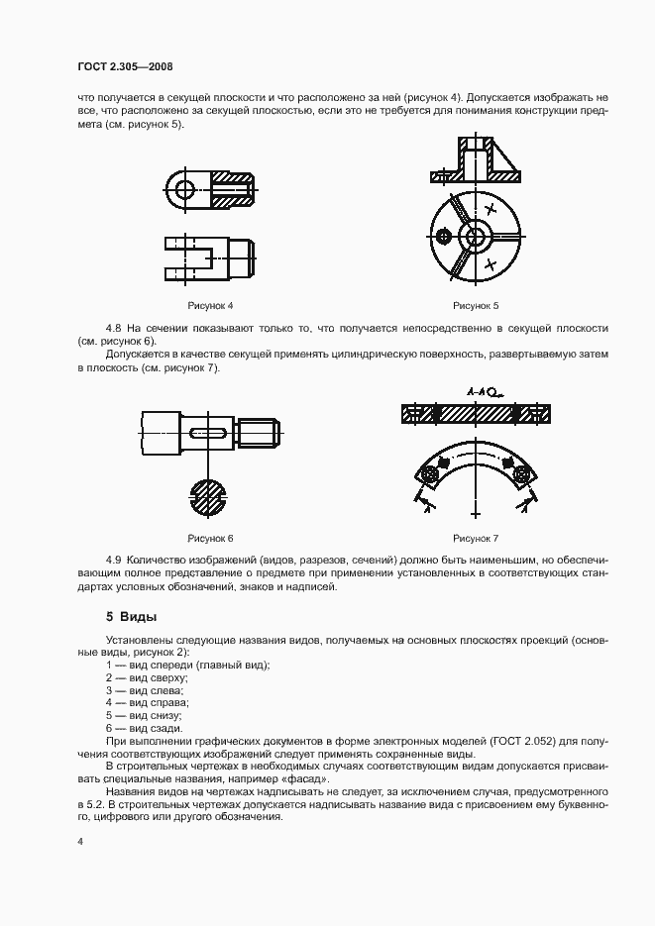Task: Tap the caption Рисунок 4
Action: [x=210, y=305]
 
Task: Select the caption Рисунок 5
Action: [x=476, y=305]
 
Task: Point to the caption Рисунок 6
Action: [x=210, y=538]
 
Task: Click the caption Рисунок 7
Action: [x=476, y=538]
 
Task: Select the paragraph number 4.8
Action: [x=115, y=327]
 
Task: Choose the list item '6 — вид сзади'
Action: [x=149, y=727]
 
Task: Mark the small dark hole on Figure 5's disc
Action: [x=443, y=236]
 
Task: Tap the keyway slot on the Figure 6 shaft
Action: [x=209, y=432]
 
